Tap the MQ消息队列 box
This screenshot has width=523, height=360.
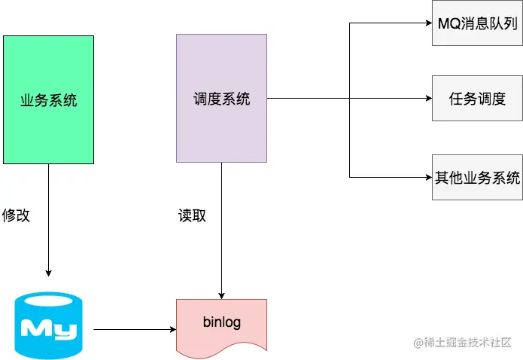point(477,23)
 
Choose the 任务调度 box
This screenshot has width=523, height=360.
point(477,98)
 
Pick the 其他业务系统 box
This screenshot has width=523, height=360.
point(477,178)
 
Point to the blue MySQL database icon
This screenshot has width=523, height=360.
point(48,326)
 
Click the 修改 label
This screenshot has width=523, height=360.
point(16,215)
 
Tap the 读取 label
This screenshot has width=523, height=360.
point(192,215)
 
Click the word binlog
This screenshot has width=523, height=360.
point(221,322)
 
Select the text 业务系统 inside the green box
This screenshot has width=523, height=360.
point(48,99)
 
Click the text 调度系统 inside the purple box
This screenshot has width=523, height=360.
point(221,99)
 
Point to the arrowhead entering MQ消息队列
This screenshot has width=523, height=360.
point(428,23)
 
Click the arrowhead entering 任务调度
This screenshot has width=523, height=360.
point(428,98)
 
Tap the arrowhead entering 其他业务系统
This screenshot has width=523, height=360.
point(428,178)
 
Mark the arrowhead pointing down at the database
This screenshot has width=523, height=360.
point(48,273)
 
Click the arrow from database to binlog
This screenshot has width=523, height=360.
point(135,329)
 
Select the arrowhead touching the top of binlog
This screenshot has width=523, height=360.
point(221,295)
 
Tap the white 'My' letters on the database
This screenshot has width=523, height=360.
point(48,328)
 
